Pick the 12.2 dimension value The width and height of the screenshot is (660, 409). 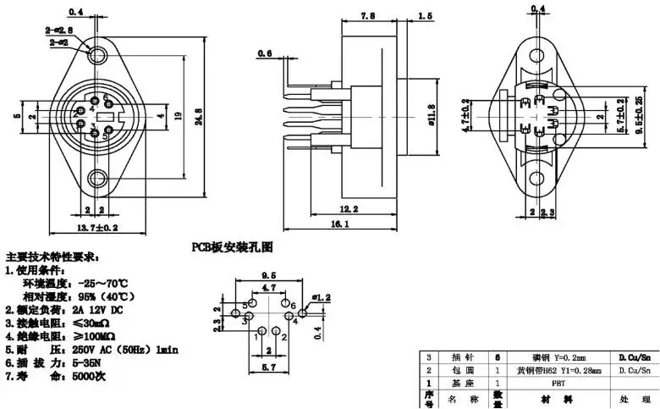[x=349, y=207]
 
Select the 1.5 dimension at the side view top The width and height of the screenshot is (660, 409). [x=425, y=17]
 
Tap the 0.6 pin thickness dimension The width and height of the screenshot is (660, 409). [x=263, y=54]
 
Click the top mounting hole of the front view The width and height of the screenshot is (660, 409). [x=99, y=55]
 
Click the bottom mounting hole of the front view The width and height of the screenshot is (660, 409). [x=98, y=179]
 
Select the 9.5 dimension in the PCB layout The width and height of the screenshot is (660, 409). [x=269, y=275]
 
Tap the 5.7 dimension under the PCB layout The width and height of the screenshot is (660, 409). [x=268, y=368]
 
